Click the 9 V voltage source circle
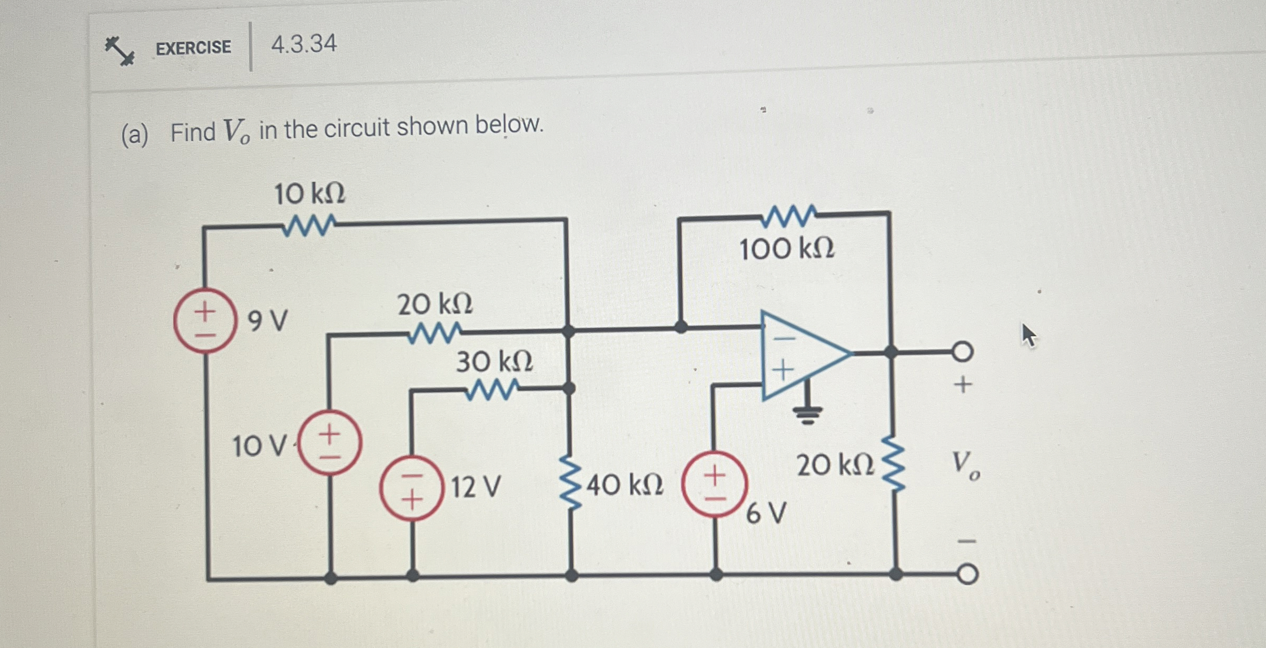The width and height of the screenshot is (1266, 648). coord(204,320)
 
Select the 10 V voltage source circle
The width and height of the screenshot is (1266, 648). coord(330,443)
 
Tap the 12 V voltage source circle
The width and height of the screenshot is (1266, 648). coord(411,488)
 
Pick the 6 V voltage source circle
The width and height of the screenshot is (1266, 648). coord(715,483)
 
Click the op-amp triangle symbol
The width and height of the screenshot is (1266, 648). coord(800,354)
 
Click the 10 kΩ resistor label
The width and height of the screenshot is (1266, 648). coord(310,194)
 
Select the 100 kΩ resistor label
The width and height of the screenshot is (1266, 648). coord(787,249)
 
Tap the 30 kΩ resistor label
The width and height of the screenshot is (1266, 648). coord(494,362)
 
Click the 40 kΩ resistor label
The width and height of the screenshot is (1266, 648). coord(625,485)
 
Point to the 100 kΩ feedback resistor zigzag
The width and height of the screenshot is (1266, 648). coord(789,216)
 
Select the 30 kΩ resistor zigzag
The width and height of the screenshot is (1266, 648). coord(492,390)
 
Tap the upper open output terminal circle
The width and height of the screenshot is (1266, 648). coord(962,351)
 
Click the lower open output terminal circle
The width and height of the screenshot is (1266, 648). coord(967,574)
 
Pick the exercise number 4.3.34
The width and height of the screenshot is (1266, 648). coord(304,44)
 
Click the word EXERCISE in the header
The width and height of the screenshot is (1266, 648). coord(193,48)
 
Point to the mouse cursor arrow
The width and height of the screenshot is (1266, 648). coord(1028,335)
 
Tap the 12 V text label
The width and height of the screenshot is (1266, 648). coord(476,487)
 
